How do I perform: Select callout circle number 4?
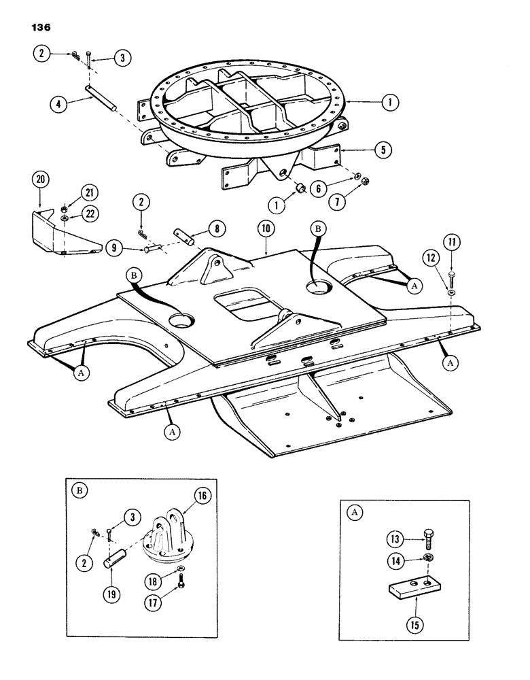pyautogui.click(x=59, y=105)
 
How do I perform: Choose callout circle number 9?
pyautogui.click(x=113, y=249)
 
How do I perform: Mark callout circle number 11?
pyautogui.click(x=451, y=241)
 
